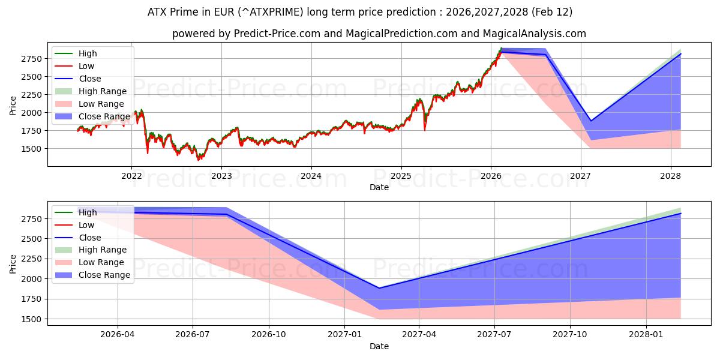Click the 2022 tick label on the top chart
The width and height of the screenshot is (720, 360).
(131, 176)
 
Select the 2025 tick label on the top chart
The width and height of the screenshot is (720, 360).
(401, 176)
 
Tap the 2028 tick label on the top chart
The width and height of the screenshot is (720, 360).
(670, 176)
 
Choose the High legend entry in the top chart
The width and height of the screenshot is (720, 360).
(88, 53)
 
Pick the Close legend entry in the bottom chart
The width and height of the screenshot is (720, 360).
(89, 238)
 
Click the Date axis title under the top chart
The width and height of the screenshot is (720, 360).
(379, 187)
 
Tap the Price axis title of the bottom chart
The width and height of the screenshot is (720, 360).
(13, 263)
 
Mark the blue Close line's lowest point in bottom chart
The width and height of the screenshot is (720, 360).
(379, 288)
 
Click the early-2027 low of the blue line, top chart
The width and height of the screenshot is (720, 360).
(590, 121)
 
